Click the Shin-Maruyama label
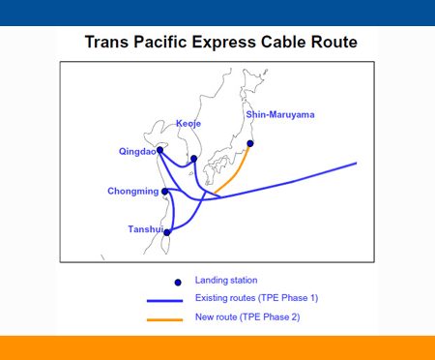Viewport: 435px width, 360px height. coord(280,114)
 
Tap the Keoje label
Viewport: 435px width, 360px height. coord(189,124)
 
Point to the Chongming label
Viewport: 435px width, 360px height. coord(132,191)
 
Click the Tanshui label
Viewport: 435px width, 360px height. coord(145,229)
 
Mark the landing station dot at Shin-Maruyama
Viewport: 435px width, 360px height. coord(250,144)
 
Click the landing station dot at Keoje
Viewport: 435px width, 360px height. coord(194,159)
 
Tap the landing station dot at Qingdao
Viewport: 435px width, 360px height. coord(160,150)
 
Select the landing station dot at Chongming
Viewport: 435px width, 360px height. coord(165,192)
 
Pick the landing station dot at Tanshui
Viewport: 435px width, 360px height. coord(168,232)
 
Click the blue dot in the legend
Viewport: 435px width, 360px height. coord(177,282)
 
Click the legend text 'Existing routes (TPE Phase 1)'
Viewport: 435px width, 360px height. coord(256,298)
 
